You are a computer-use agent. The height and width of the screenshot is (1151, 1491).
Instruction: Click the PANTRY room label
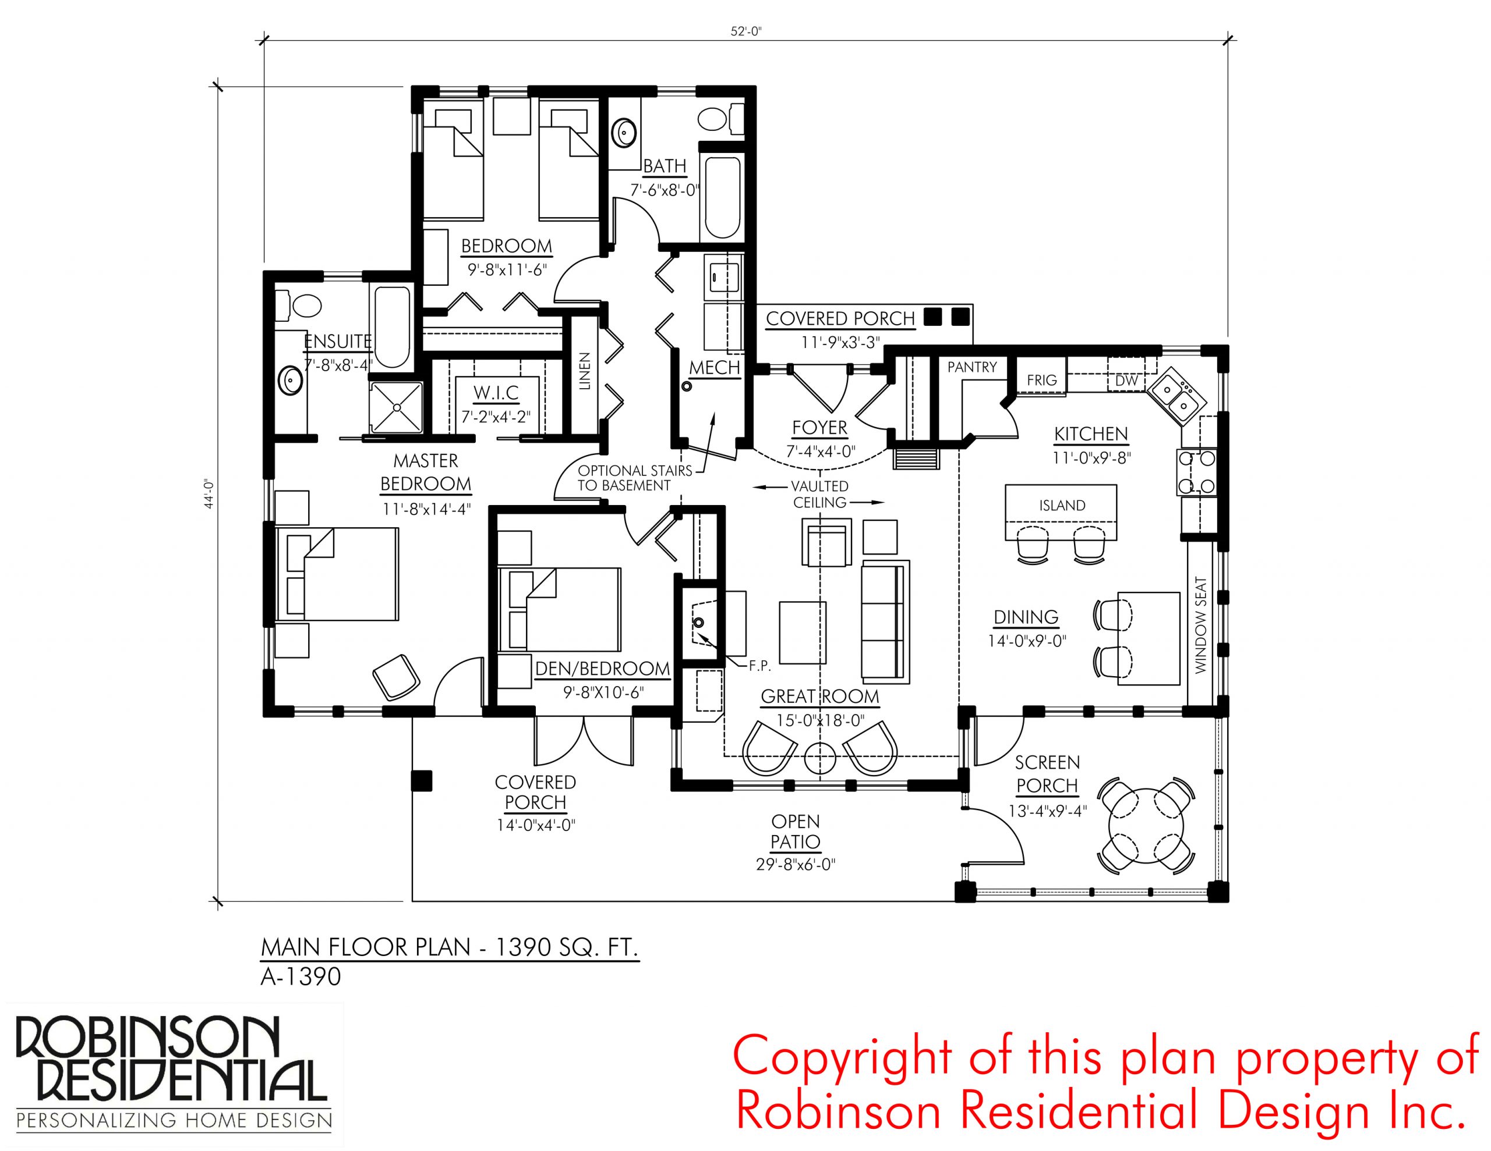point(971,367)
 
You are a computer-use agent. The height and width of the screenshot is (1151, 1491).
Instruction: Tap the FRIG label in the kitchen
point(1042,380)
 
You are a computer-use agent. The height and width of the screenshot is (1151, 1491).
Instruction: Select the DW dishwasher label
point(1126,381)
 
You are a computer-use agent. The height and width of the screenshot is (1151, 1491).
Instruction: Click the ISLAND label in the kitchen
point(1062,506)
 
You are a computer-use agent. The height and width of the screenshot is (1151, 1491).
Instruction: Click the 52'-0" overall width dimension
point(745,31)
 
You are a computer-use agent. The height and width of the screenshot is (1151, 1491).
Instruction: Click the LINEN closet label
point(584,371)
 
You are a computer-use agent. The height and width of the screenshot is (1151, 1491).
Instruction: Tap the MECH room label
point(714,368)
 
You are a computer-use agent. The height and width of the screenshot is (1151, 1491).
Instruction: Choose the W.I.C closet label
point(496,393)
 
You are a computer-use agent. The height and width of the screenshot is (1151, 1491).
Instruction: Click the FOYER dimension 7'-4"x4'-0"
point(820,452)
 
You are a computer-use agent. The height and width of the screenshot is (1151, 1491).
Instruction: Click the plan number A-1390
point(301,977)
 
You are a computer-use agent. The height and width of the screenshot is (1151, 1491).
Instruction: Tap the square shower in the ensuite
point(397,407)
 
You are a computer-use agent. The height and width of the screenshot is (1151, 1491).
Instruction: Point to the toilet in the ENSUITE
point(299,305)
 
